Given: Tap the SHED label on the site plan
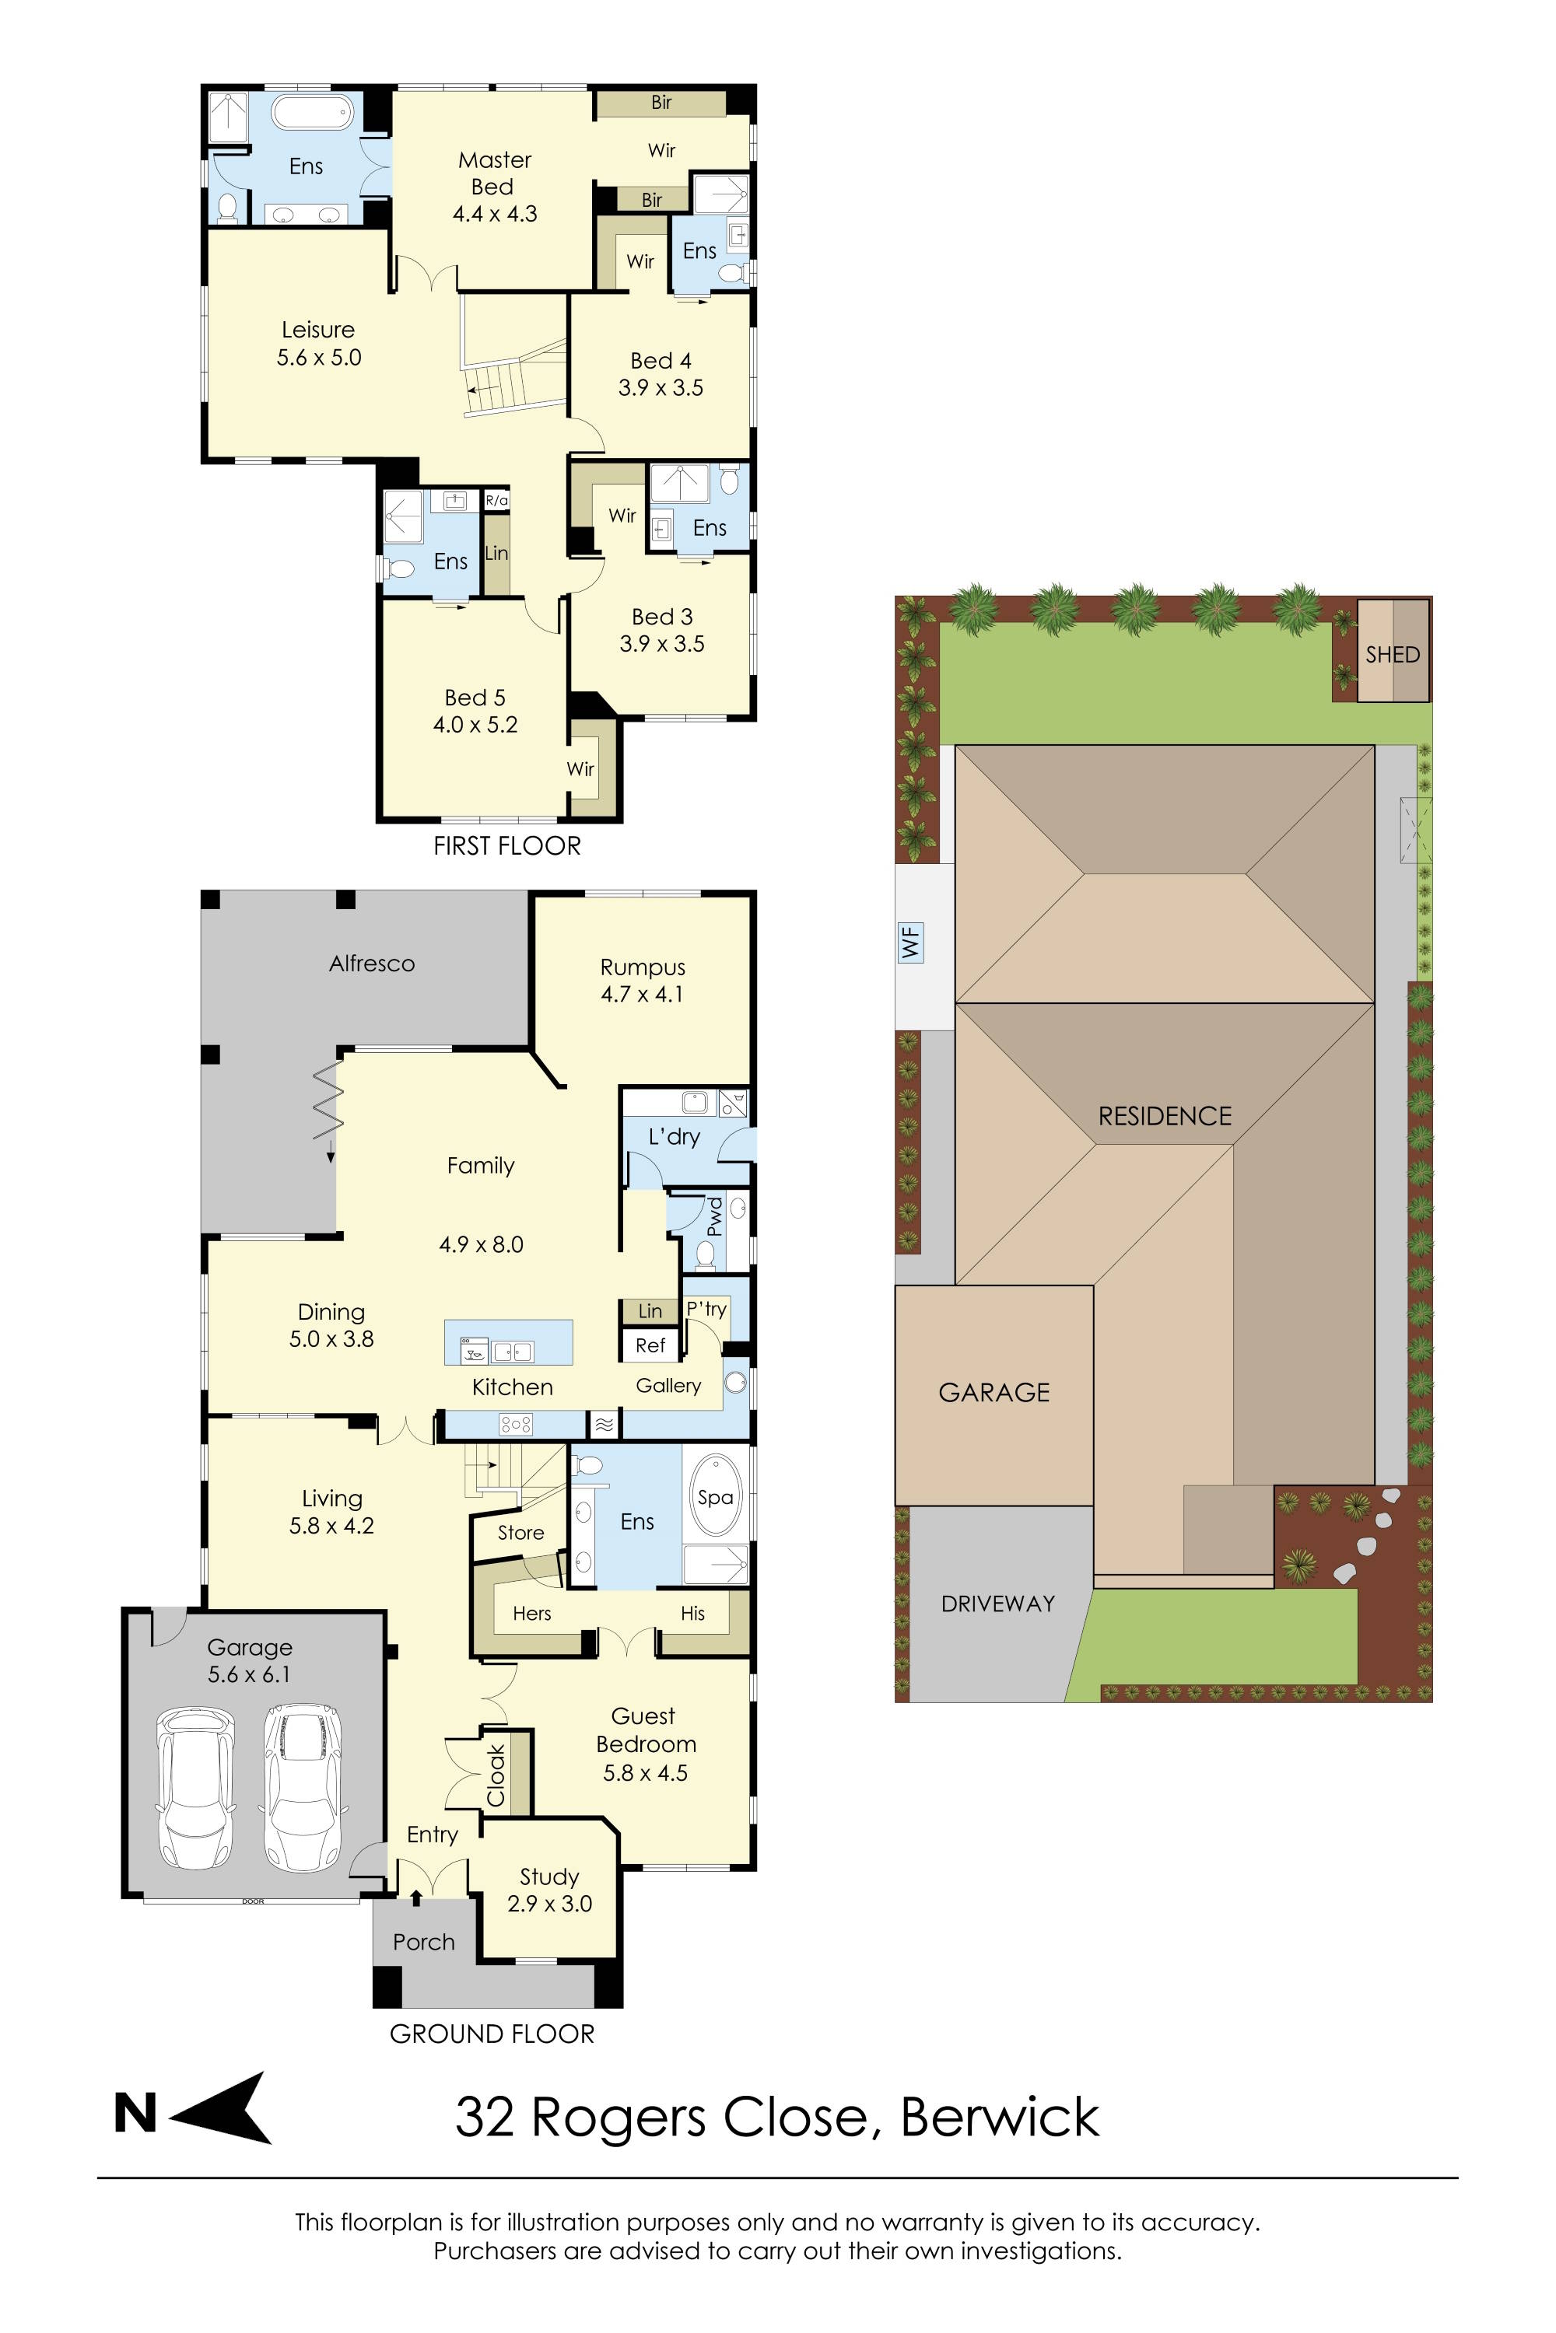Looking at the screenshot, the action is click(1393, 655).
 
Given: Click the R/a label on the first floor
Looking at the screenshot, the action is click(496, 500).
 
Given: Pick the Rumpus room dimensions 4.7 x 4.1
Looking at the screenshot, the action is click(642, 994).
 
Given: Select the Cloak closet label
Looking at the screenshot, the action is click(496, 1775).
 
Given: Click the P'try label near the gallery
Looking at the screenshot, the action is click(706, 1310).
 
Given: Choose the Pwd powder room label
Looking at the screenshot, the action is click(713, 1217).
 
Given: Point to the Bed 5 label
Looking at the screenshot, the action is click(475, 698).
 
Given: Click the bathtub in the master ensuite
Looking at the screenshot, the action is click(312, 112).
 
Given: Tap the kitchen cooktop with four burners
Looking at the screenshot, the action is click(516, 1425).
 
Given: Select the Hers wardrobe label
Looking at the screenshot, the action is click(532, 1614).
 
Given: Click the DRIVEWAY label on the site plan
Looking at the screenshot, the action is click(997, 1603).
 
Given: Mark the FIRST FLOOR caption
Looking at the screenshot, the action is click(507, 846).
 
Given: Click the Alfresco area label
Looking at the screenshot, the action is click(372, 964).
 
